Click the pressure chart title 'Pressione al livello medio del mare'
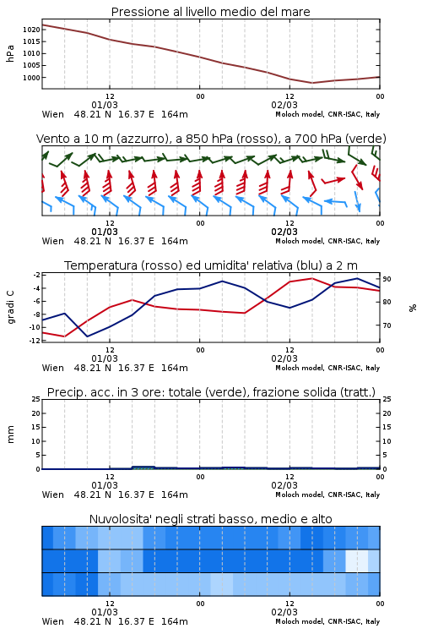(x=210, y=12)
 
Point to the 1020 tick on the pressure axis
(x=31, y=30)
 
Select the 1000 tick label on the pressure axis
(x=31, y=78)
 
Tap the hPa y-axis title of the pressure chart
(x=10, y=53)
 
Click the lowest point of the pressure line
(x=311, y=83)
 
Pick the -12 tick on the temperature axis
(x=35, y=341)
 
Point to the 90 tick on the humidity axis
(x=387, y=279)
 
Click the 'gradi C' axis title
(x=10, y=307)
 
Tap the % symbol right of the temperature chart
(x=413, y=308)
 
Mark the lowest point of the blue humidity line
(x=88, y=336)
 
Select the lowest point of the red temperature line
(x=65, y=336)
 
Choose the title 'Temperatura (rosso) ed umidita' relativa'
(x=211, y=265)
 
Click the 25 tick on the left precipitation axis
(x=36, y=399)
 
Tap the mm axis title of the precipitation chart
(x=10, y=435)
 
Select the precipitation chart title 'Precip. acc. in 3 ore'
(x=211, y=392)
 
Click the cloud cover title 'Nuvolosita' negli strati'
(x=210, y=519)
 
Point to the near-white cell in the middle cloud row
(x=357, y=560)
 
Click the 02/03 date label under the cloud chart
(x=284, y=612)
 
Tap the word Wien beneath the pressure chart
(x=53, y=114)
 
